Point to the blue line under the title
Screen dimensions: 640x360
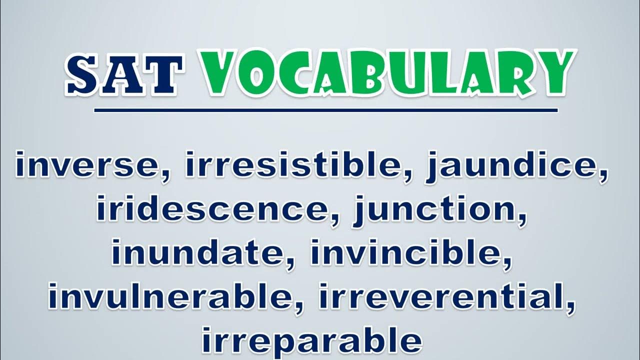pyautogui.click(x=326, y=110)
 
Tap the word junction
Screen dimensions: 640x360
pyautogui.click(x=434, y=211)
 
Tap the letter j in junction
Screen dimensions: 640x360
pyautogui.click(x=359, y=211)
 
